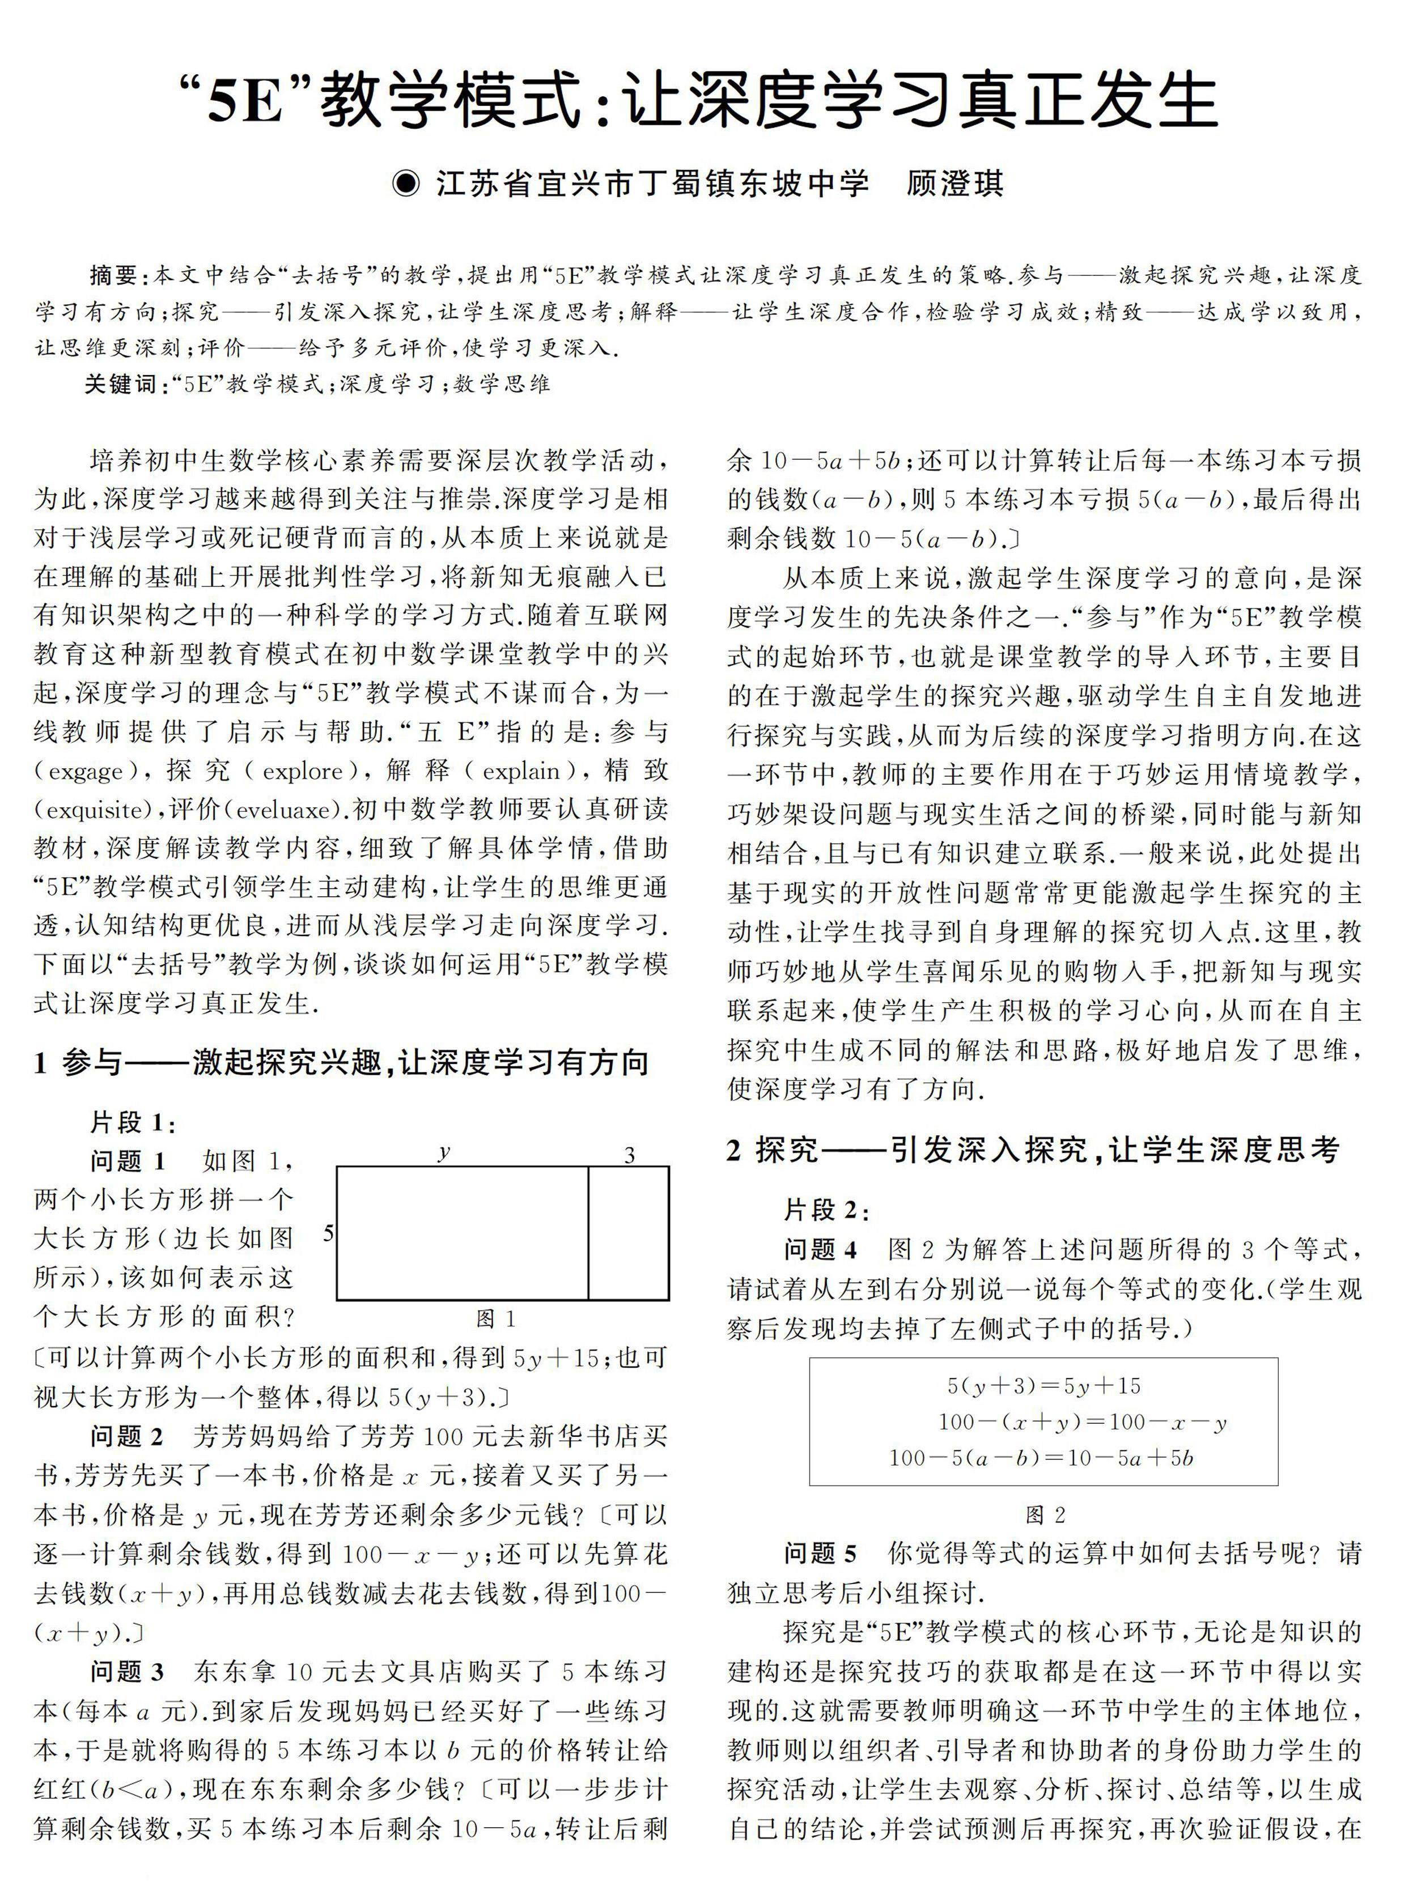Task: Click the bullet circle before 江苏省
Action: pos(406,184)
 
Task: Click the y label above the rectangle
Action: pos(444,1152)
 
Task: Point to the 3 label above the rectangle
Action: pos(629,1155)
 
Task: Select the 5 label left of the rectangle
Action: pos(328,1233)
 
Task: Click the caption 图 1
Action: pos(496,1319)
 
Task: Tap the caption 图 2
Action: pos(1045,1514)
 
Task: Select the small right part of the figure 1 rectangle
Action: pos(629,1233)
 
